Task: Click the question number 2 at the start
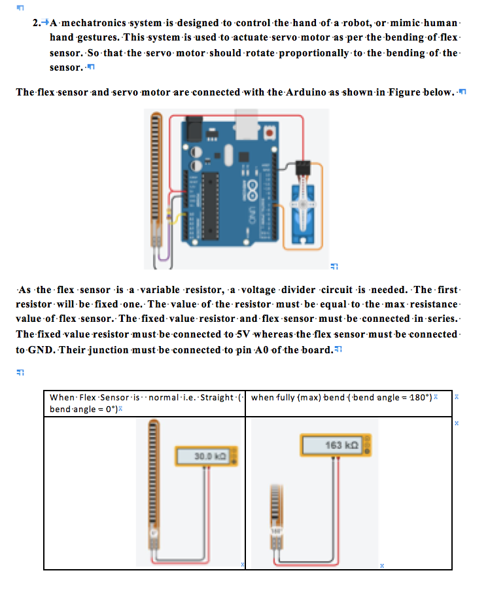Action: click(x=36, y=24)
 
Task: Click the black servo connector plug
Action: click(x=302, y=168)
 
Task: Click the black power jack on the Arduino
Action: click(x=194, y=128)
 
